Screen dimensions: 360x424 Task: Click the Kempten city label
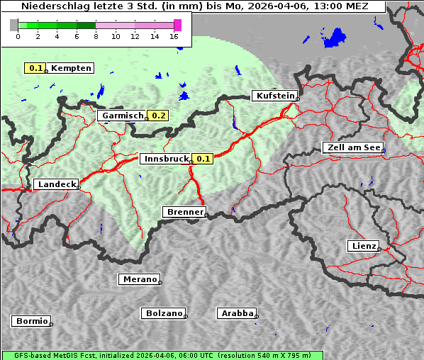pyautogui.click(x=71, y=68)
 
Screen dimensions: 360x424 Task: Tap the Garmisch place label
pyautogui.click(x=123, y=116)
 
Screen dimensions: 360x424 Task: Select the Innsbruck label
pyautogui.click(x=166, y=159)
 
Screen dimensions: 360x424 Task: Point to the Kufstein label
pyautogui.click(x=274, y=96)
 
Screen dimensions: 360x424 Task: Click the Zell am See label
pyautogui.click(x=352, y=147)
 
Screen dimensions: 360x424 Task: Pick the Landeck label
pyautogui.click(x=56, y=184)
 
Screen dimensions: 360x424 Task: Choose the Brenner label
pyautogui.click(x=184, y=212)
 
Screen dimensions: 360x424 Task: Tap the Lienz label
pyautogui.click(x=364, y=246)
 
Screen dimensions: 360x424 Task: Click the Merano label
pyautogui.click(x=140, y=279)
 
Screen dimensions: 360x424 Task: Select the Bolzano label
pyautogui.click(x=164, y=313)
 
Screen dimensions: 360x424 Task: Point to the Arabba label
pyautogui.click(x=237, y=313)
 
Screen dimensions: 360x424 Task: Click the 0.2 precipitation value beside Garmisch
pyautogui.click(x=159, y=116)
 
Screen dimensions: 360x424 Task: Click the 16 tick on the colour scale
pyautogui.click(x=174, y=36)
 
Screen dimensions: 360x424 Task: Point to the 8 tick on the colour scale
pyautogui.click(x=96, y=36)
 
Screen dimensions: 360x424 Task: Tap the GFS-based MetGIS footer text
pyautogui.click(x=162, y=355)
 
